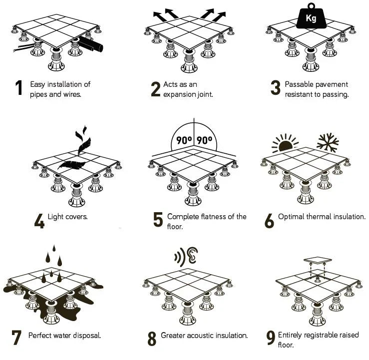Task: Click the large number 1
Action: (x=19, y=88)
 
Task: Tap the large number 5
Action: (x=158, y=220)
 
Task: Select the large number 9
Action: (x=271, y=338)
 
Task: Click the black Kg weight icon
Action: (x=311, y=18)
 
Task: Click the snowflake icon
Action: (x=328, y=142)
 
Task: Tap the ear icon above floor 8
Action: (x=192, y=257)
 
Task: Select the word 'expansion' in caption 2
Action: (x=180, y=94)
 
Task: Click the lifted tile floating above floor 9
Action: (x=318, y=260)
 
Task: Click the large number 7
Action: (x=16, y=338)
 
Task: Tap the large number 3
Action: (x=275, y=88)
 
